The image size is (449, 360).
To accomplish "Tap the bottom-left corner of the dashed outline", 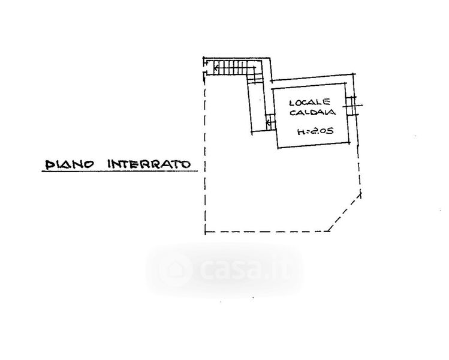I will (x=205, y=232).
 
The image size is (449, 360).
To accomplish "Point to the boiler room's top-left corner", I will (x=273, y=89).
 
